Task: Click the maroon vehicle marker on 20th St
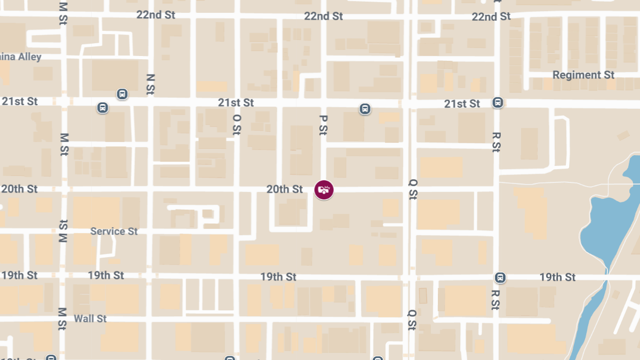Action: (x=324, y=190)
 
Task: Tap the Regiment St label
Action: (x=583, y=75)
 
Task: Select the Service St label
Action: (x=114, y=231)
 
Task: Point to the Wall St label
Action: (x=90, y=319)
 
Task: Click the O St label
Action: (x=237, y=124)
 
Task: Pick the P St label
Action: (x=323, y=125)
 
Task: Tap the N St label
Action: (x=151, y=84)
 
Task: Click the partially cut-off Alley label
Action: (x=21, y=57)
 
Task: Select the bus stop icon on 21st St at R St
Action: (x=498, y=102)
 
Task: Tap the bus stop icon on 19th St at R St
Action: (x=500, y=277)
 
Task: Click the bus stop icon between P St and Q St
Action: (x=365, y=109)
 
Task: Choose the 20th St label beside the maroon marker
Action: (x=285, y=189)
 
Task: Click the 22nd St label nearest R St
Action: (x=491, y=17)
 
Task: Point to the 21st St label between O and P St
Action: (x=236, y=102)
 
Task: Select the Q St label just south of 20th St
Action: (x=412, y=189)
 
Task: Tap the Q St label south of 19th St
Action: (x=412, y=319)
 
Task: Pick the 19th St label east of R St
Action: (x=557, y=277)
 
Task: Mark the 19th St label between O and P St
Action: (x=278, y=277)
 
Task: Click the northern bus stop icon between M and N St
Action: (x=123, y=94)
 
